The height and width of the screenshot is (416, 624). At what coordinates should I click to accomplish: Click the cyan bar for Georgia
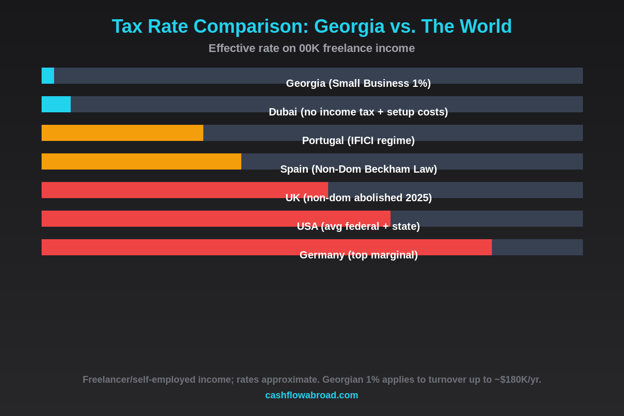[48, 75]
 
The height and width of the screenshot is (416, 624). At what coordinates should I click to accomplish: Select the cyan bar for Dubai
[56, 104]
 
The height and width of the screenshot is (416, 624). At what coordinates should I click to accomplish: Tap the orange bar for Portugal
[122, 133]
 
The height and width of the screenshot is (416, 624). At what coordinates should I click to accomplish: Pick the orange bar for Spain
[141, 161]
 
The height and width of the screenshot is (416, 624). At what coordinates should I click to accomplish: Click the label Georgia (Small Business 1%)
[358, 83]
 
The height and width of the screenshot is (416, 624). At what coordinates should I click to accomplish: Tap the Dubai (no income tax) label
[358, 112]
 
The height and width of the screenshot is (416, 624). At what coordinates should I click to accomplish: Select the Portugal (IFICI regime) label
[358, 140]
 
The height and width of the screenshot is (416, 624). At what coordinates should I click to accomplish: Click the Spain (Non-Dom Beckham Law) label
[358, 169]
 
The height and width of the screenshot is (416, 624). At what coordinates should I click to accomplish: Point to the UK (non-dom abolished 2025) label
[358, 198]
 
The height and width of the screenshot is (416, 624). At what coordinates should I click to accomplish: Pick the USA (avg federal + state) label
[358, 226]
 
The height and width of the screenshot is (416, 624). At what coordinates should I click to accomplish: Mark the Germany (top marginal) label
[358, 255]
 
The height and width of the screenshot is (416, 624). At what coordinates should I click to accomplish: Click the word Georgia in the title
[349, 27]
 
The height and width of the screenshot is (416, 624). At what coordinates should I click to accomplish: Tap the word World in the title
[486, 27]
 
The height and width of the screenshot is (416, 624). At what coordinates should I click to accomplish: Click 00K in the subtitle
[309, 48]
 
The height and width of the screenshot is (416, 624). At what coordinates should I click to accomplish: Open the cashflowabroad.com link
[311, 395]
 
